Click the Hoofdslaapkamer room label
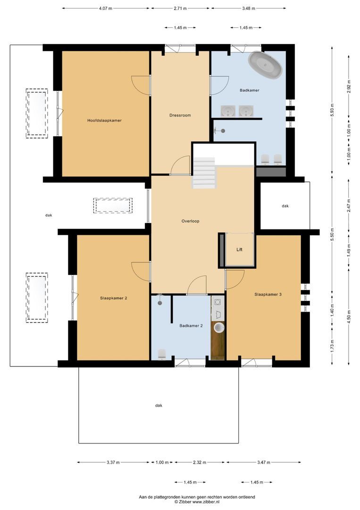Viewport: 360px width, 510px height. [104, 120]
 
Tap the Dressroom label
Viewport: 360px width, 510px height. [180, 115]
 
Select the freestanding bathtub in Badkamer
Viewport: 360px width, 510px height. [266, 65]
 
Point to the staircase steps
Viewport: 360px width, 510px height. [204, 173]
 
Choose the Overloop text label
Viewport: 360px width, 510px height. [190, 221]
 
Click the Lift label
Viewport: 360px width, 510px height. [239, 250]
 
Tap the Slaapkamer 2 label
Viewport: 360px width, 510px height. [114, 298]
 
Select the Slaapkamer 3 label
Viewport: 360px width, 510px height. [268, 294]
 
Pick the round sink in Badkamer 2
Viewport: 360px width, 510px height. [219, 327]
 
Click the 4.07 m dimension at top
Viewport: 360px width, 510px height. [106, 8]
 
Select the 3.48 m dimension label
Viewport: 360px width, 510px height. [248, 8]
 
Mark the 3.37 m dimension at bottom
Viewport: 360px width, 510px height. [113, 462]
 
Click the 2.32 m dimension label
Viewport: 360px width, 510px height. [200, 462]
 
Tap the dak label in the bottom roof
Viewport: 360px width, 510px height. [158, 405]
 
